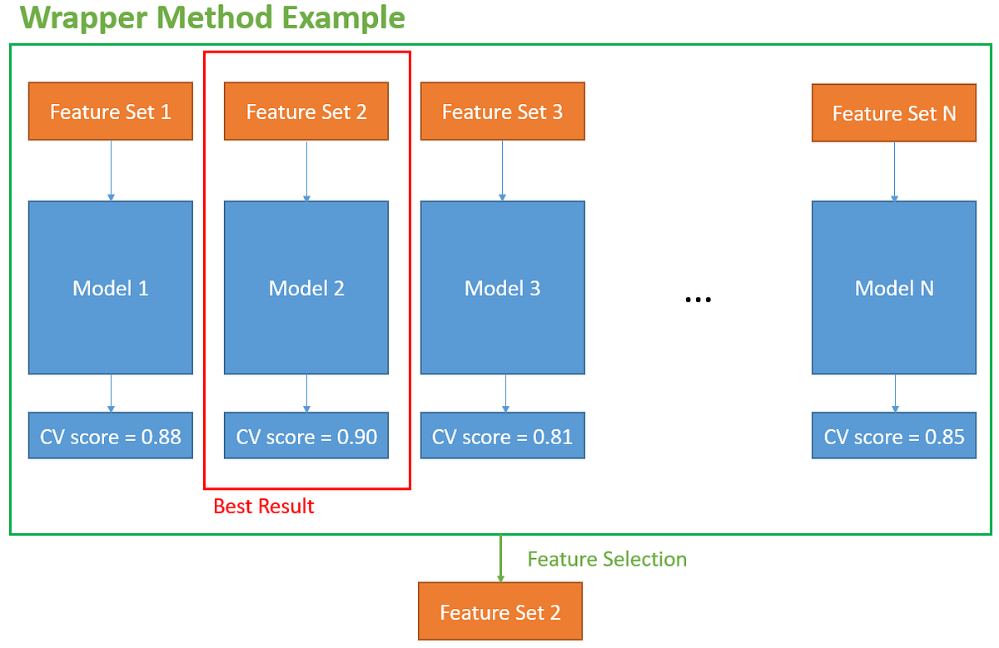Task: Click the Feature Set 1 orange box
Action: (111, 111)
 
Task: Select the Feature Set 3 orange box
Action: (502, 111)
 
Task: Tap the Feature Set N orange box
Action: (894, 112)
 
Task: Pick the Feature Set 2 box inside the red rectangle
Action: (306, 111)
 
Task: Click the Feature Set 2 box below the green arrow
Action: (499, 611)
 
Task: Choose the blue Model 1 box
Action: (111, 287)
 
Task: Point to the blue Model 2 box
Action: (306, 287)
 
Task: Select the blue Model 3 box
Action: (502, 287)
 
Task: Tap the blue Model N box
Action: (894, 287)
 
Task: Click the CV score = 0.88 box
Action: (111, 435)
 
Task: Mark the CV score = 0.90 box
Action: (306, 435)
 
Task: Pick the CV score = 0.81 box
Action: (502, 435)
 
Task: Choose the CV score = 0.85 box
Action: (894, 435)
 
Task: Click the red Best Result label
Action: (264, 506)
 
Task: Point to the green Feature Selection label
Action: (607, 559)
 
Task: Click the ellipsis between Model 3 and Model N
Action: (698, 299)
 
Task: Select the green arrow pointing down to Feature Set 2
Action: (500, 558)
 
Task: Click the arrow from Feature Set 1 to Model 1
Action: (111, 171)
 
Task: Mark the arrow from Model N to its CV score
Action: (895, 393)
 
